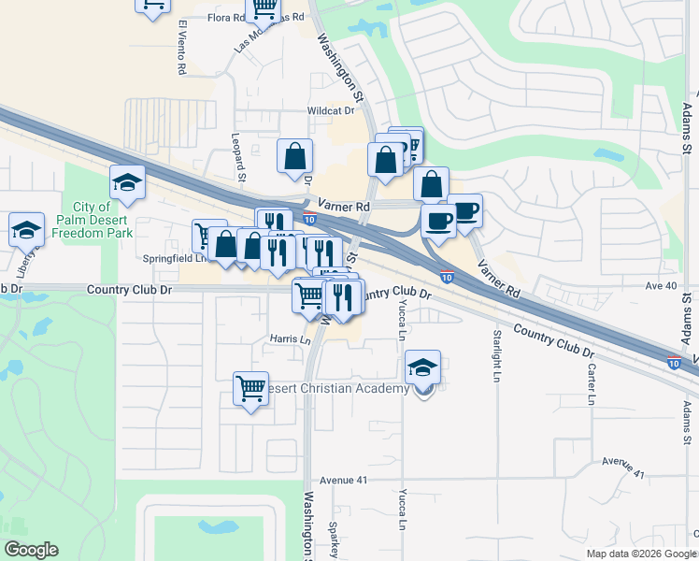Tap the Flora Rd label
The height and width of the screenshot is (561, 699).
point(225,18)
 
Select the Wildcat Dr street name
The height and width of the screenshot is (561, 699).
point(333,110)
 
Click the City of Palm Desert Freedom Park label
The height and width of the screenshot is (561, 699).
point(103,219)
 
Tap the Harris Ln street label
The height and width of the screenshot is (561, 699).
point(290,339)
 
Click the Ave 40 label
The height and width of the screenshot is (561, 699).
point(660,286)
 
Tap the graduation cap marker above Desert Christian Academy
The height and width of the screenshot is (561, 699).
point(423,367)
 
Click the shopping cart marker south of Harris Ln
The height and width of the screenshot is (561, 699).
point(250,388)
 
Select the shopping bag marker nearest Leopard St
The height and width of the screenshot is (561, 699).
point(295,156)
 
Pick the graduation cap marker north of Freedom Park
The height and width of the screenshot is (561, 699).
point(127,183)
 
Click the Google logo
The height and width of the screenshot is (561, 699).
point(31,550)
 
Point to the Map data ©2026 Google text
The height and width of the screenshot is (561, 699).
point(641,554)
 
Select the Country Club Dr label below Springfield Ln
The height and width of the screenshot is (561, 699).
point(130,290)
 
